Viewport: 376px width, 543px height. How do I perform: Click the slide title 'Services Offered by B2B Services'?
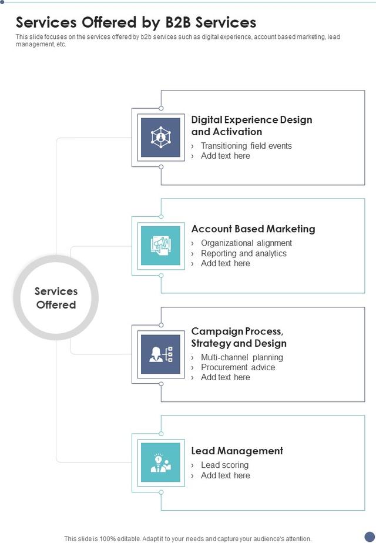point(136,22)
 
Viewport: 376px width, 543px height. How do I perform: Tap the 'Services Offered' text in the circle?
point(56,298)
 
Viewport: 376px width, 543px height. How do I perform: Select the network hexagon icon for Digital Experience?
point(160,137)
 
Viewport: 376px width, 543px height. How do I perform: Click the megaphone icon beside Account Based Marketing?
point(160,246)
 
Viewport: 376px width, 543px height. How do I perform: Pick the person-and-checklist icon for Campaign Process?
point(160,354)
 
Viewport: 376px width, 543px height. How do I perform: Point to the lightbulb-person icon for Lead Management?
point(160,462)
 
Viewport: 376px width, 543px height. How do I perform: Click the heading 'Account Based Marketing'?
point(253,229)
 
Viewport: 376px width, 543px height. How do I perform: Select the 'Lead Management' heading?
point(237,451)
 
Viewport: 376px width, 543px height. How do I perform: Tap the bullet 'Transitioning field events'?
point(246,146)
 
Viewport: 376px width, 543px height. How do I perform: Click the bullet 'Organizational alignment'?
point(246,243)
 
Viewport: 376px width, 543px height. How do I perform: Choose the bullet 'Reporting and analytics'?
point(244,253)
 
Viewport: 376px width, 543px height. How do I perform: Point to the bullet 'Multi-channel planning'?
point(242,357)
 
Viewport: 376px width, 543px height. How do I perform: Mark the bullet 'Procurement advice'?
point(238,367)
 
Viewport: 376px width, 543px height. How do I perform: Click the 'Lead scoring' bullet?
point(224,465)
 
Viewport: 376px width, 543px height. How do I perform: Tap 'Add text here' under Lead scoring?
point(226,475)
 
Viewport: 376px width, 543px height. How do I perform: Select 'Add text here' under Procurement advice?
point(226,377)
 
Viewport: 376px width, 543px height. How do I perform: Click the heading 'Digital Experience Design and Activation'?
point(251,126)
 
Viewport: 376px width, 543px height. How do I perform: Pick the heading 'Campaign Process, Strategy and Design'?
point(239,337)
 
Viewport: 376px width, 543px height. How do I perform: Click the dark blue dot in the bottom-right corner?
point(370,536)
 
